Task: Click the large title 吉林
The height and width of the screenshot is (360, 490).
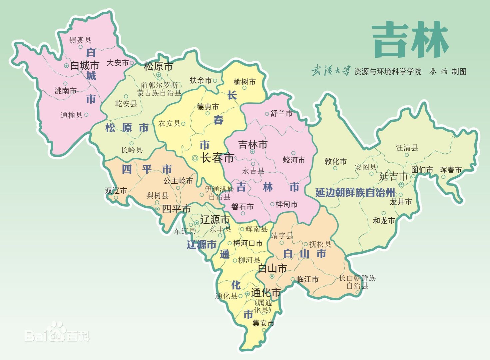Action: tap(410, 40)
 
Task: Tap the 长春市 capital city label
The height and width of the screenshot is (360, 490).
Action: tap(217, 158)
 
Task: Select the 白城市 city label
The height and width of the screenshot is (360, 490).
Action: tap(85, 65)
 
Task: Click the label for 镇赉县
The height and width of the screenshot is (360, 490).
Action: tap(80, 40)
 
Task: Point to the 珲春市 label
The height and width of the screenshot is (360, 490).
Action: tap(450, 170)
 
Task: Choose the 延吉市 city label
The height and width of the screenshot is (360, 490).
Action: tap(393, 176)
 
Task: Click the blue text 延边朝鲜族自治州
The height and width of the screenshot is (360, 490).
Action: tap(355, 193)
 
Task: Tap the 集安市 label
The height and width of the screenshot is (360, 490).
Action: tap(263, 323)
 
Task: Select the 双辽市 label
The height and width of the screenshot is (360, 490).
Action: tap(116, 191)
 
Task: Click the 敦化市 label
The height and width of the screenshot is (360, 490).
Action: tap(335, 161)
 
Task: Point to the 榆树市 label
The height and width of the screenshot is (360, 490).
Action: tap(245, 82)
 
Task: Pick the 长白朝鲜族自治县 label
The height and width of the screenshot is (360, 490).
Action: tap(357, 282)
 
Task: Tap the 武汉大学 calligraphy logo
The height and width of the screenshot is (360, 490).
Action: tap(331, 71)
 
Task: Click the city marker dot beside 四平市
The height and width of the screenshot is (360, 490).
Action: tap(158, 209)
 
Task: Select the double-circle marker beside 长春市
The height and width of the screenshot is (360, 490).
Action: tap(195, 158)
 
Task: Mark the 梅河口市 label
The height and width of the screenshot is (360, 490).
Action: tap(247, 243)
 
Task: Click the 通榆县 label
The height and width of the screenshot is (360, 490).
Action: tap(71, 115)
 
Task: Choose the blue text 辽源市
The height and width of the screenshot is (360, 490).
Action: tap(201, 245)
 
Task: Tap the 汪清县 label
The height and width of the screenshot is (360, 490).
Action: tap(407, 148)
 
